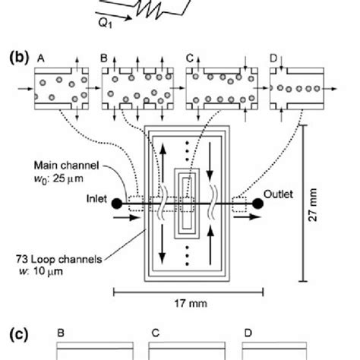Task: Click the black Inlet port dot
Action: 117,204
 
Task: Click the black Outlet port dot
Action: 258,204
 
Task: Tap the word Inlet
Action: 96,199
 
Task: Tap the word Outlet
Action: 278,194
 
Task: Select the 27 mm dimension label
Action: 313,205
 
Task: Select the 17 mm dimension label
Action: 191,303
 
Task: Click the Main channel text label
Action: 66,166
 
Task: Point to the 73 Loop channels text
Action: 59,259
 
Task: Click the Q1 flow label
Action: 105,24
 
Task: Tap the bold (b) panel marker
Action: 19,58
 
